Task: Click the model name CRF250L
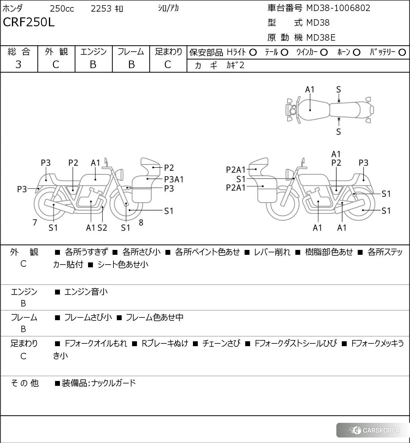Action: pos(29,22)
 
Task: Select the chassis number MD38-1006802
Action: pos(338,8)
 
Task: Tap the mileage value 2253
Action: pos(101,9)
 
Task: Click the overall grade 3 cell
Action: pos(19,64)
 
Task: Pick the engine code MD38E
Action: pos(321,38)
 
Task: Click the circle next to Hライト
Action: pos(253,52)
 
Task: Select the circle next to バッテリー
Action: pos(402,52)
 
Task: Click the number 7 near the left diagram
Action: pos(35,223)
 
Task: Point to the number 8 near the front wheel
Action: pos(141,223)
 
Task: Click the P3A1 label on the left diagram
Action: pos(174,179)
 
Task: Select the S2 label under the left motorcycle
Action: pos(102,228)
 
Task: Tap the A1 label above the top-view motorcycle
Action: pos(310,90)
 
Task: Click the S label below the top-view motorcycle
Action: pos(338,132)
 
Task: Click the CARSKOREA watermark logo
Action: pos(374,430)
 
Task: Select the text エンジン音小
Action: pos(86,292)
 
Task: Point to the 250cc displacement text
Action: pos(62,9)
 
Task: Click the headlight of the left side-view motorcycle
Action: pos(120,174)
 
